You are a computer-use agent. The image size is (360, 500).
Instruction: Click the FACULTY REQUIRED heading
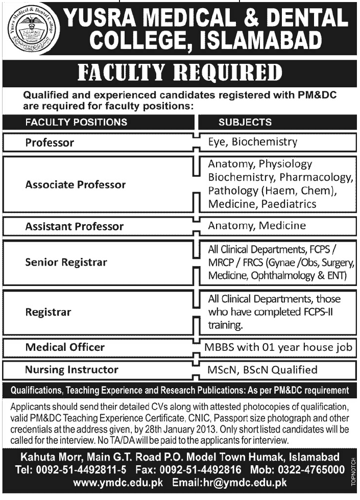180,73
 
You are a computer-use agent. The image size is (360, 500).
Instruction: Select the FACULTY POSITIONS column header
76,123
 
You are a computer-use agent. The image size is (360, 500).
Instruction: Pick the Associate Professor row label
76,184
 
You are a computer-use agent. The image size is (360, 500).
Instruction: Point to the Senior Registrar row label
66,263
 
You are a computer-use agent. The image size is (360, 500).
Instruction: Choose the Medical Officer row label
65,347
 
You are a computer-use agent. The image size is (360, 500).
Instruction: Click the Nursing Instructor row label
72,369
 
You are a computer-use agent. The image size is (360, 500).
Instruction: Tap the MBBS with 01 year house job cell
278,348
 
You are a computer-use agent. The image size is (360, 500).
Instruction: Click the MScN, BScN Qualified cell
261,369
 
